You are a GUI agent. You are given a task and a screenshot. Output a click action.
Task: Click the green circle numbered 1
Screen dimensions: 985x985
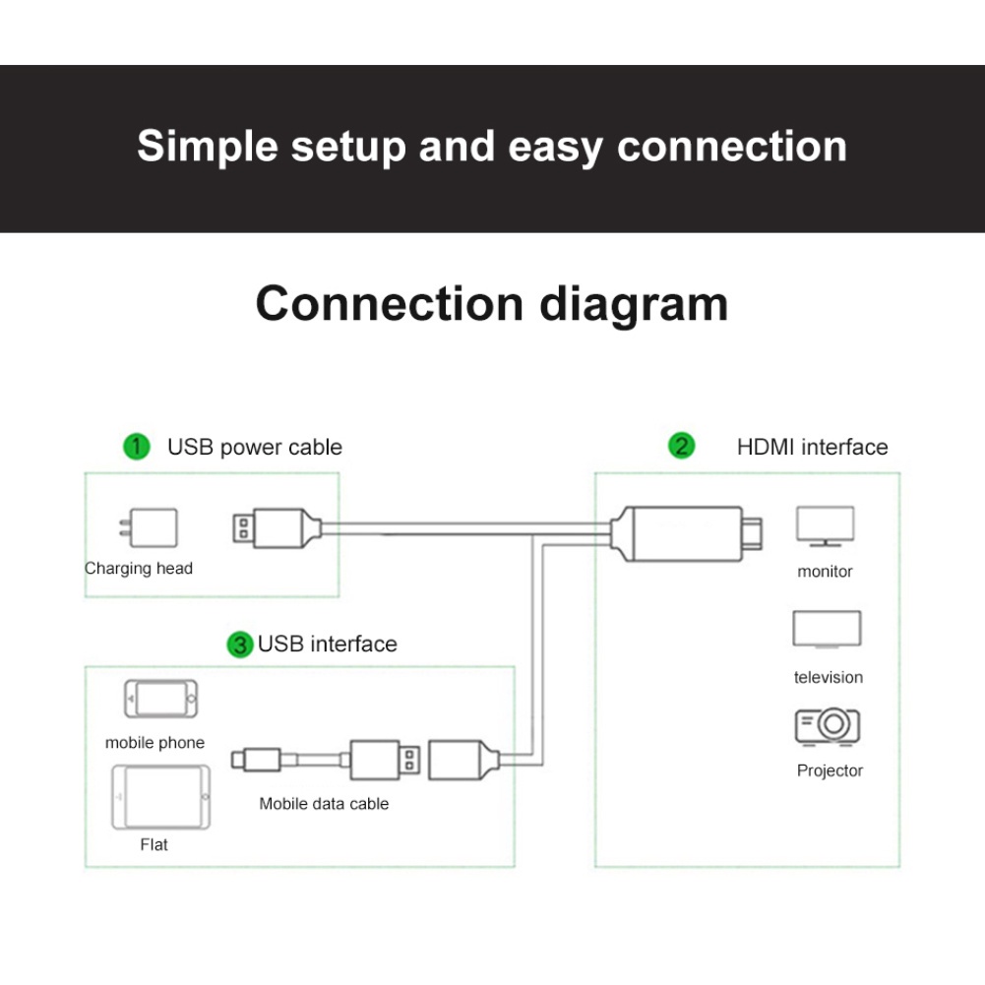point(137,447)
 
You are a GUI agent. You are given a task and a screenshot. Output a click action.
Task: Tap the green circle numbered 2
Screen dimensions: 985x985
point(681,447)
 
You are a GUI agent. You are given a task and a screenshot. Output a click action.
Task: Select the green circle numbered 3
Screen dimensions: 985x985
point(240,645)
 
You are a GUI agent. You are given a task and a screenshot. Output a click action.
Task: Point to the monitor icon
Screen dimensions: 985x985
point(825,526)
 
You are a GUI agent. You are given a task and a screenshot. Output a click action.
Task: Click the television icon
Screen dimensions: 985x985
point(827,630)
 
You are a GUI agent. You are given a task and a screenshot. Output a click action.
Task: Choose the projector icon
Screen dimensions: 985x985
point(828,727)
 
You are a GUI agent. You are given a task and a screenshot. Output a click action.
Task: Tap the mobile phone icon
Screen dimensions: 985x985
point(159,699)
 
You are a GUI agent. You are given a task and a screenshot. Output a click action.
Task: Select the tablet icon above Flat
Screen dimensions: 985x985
point(159,796)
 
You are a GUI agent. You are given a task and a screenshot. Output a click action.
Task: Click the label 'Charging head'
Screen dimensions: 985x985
point(139,569)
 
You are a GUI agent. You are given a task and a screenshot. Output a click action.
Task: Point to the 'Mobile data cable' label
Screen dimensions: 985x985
point(324,804)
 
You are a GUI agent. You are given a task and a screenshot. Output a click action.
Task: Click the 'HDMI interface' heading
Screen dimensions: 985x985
point(812,448)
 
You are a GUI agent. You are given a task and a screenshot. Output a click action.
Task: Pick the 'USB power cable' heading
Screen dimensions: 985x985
point(255,448)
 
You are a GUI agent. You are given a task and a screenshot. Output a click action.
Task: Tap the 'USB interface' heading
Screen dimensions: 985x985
point(328,645)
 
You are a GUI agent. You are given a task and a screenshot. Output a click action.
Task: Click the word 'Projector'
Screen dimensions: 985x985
point(830,771)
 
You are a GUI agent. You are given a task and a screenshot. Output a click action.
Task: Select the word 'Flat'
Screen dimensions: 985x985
point(154,845)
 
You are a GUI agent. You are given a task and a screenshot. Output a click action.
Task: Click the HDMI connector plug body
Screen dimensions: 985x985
point(680,532)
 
